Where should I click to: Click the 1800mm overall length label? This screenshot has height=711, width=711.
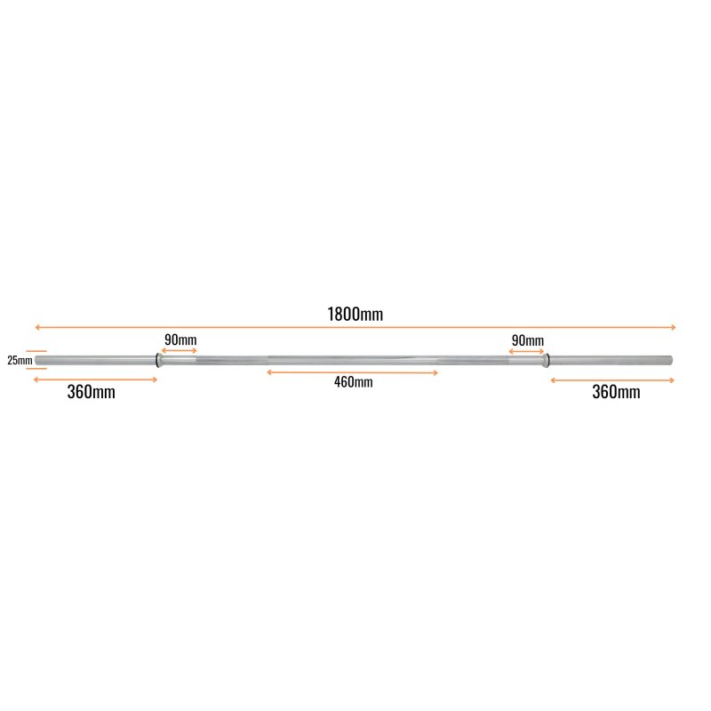point(355,315)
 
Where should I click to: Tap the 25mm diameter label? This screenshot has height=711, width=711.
point(20,361)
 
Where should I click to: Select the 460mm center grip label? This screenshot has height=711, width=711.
point(353,382)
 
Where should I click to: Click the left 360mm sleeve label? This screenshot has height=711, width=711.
point(92,392)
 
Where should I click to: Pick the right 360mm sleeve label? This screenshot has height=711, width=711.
point(616,392)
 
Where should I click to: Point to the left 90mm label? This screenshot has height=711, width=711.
point(180,340)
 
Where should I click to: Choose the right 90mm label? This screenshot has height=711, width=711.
point(528,340)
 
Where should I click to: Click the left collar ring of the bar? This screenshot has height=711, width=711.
point(158,361)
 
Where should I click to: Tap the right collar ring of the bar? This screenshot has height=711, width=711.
point(547,360)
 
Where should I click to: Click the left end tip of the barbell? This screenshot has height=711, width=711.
point(36,361)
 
